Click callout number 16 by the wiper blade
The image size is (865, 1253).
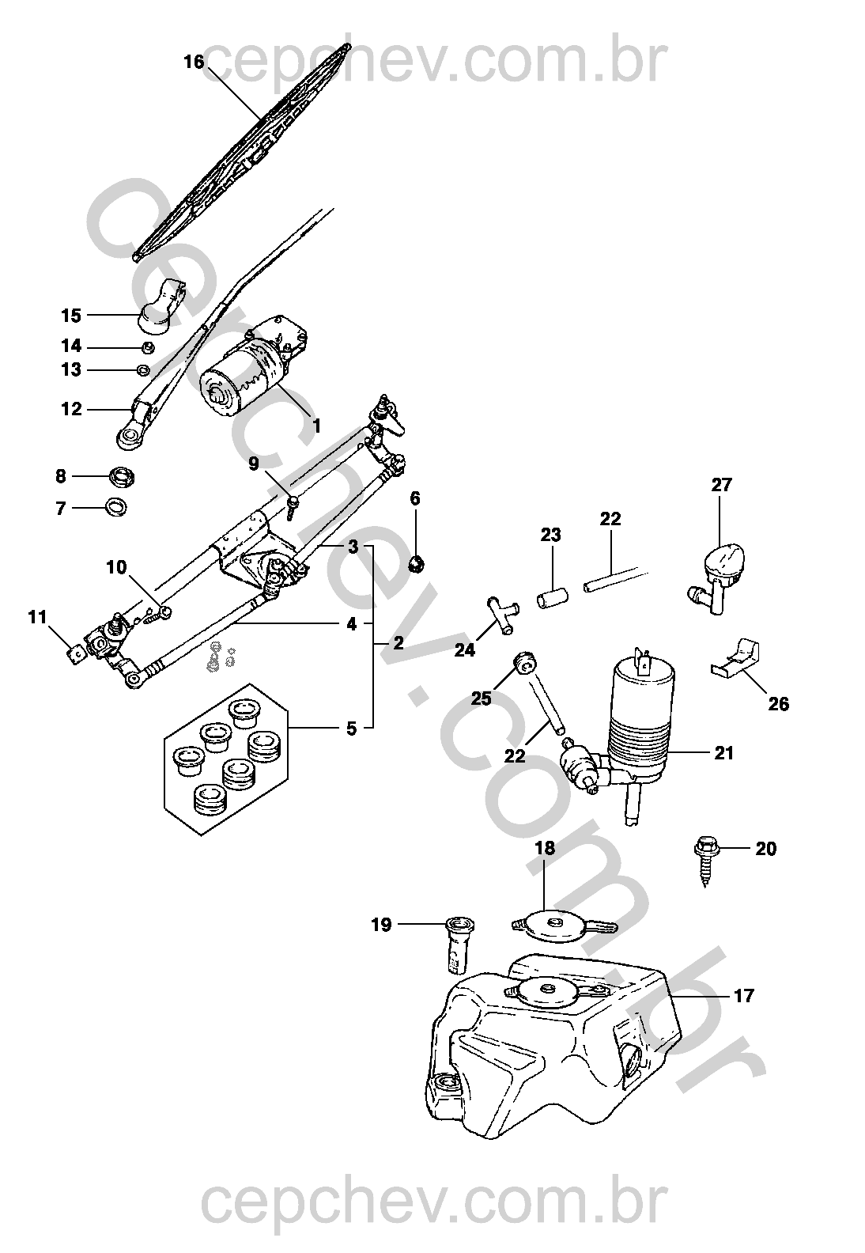194,62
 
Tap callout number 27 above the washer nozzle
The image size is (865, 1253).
721,485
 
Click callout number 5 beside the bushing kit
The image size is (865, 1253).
351,728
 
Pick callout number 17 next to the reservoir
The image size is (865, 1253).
744,995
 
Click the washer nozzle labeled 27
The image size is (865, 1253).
720,570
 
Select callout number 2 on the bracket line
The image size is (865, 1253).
398,642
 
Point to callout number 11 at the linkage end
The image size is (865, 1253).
37,618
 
